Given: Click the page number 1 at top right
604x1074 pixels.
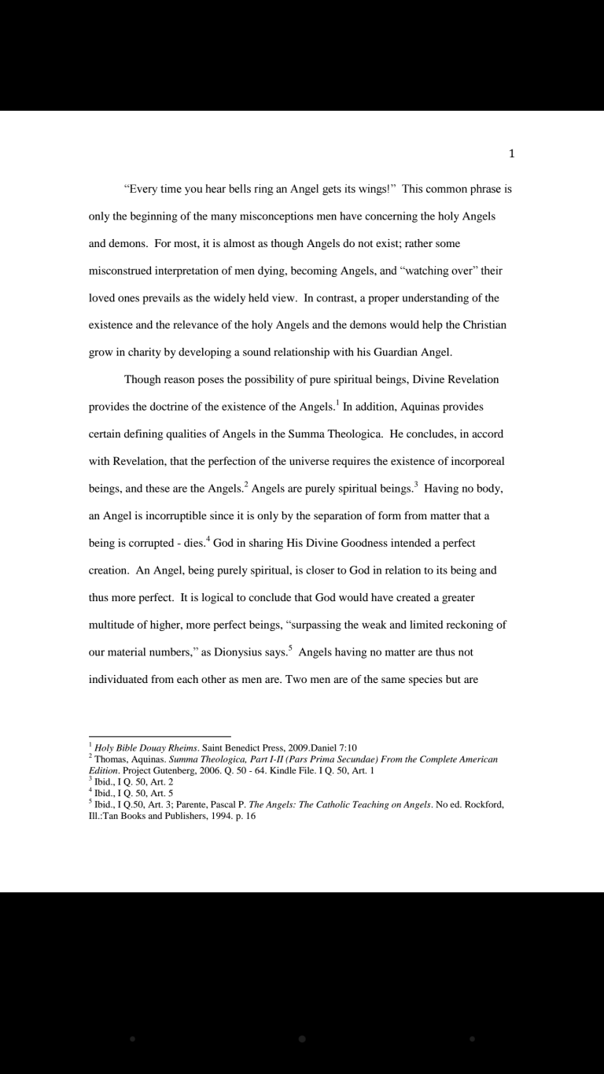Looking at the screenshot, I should (x=512, y=153).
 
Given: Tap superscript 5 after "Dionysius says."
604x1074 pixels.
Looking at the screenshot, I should (x=289, y=648).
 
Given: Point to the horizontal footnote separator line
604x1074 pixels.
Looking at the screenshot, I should (x=160, y=737).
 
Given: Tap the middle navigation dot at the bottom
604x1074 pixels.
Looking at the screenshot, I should (x=302, y=1039).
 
